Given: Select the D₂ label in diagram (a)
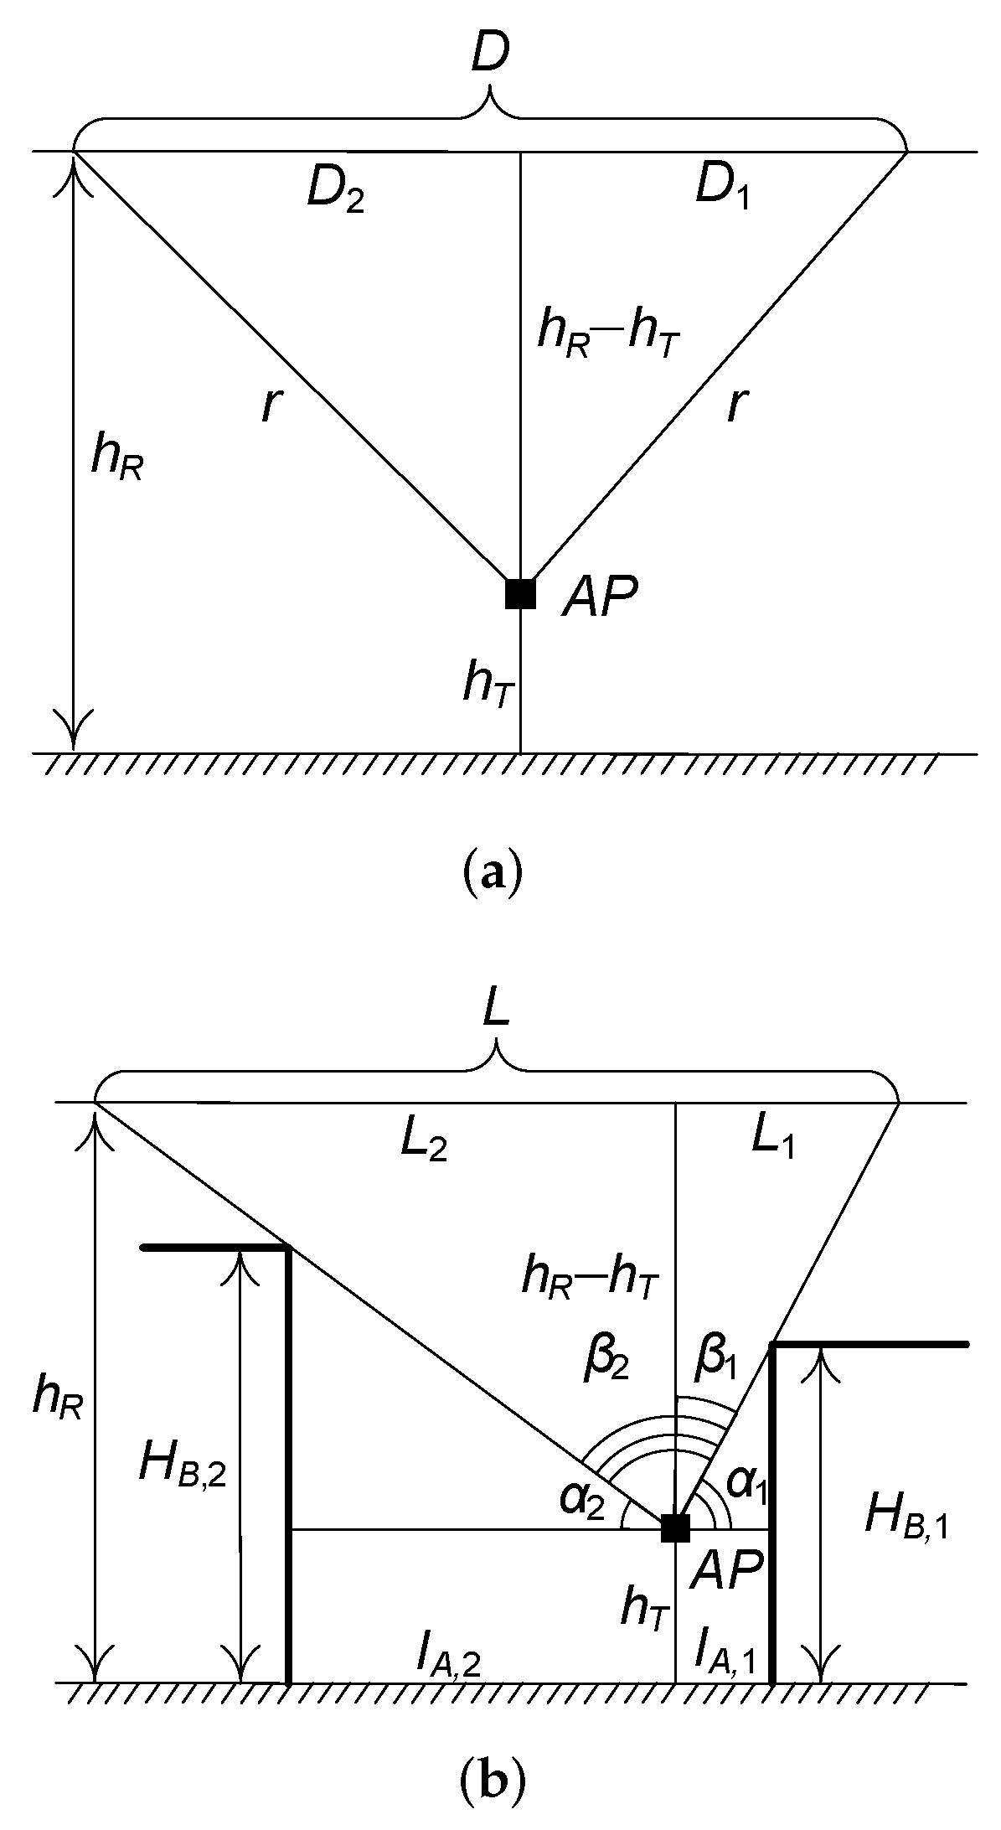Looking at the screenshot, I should coord(335,193).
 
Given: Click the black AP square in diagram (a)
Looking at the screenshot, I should coord(520,593).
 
